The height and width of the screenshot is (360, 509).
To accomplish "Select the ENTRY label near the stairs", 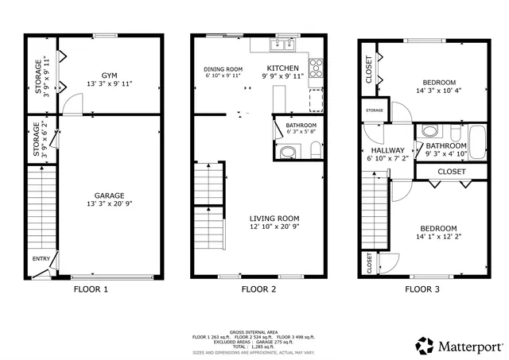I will click(41, 259).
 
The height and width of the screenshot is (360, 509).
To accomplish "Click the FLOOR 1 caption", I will click(91, 290).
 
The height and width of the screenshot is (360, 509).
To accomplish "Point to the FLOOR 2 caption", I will click(258, 290).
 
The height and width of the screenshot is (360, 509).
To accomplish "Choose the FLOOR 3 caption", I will click(422, 290).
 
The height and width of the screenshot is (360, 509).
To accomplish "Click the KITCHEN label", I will click(282, 68).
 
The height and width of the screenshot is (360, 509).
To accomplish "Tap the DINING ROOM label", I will click(223, 69).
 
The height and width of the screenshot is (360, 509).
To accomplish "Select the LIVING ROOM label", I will click(274, 219).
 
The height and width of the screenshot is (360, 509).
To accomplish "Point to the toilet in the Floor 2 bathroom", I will click(315, 149).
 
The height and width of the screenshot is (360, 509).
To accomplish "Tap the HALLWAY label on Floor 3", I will click(387, 150).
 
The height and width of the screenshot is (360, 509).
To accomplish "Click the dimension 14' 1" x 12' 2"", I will click(438, 237).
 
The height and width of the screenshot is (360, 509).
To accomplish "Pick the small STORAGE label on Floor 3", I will click(375, 110).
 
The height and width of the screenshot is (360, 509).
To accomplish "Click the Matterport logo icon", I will click(424, 345).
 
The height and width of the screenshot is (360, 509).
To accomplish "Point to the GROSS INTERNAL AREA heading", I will click(254, 331).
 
